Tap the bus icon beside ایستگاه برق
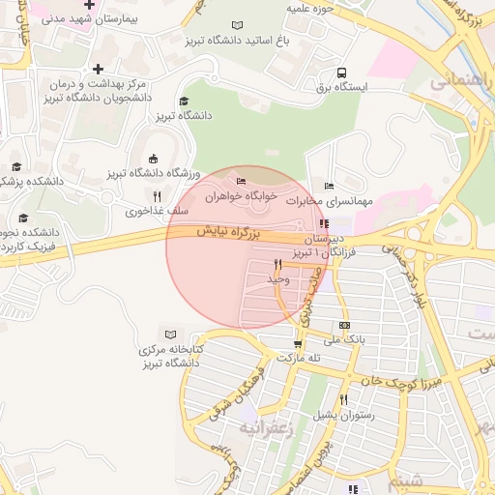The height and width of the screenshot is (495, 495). pos(341,73)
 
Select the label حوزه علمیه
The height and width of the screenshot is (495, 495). pos(311,9)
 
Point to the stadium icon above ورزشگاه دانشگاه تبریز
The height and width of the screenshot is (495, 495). pos(152,160)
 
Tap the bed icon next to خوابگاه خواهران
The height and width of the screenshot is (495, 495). pos(241,181)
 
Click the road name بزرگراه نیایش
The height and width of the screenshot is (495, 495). pos(230,232)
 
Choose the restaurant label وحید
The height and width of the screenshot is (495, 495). pos(277,278)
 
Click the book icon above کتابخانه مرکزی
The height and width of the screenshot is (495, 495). pos(172,334)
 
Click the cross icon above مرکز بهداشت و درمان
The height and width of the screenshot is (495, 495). pos(98,68)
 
